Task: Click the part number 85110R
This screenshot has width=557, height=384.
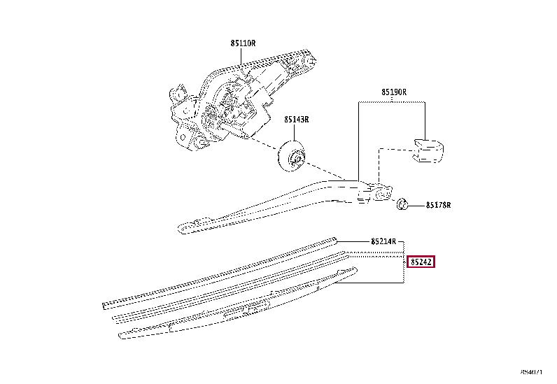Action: click(x=243, y=43)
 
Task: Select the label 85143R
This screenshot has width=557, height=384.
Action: click(x=296, y=120)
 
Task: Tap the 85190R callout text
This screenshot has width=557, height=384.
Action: click(x=394, y=92)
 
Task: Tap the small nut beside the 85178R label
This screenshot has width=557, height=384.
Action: click(x=402, y=205)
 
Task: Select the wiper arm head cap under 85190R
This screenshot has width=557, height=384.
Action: click(x=428, y=150)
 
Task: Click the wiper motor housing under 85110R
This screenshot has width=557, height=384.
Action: click(x=238, y=101)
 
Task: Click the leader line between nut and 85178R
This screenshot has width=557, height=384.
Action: click(x=416, y=206)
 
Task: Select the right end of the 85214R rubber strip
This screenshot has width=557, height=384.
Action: click(x=334, y=239)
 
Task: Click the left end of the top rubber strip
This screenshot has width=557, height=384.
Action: click(x=106, y=305)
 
